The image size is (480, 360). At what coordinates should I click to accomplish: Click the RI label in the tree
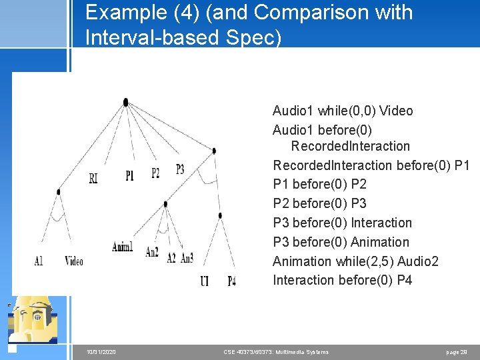pos(93,178)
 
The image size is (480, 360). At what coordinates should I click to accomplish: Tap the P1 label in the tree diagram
pos(129,175)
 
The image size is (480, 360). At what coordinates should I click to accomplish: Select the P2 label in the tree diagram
pos(155,173)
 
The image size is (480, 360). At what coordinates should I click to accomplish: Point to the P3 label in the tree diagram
pos(180,169)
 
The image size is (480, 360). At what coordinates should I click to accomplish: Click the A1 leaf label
pos(39,261)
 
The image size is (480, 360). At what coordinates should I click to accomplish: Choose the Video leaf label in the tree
pos(74,261)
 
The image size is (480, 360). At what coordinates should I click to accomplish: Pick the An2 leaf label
pos(152,253)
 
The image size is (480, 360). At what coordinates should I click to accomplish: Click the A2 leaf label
pos(171,258)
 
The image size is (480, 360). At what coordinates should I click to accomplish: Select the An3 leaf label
pos(187,258)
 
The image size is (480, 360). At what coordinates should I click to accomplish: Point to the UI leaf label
pos(204,281)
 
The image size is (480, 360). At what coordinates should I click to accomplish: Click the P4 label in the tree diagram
pos(231,281)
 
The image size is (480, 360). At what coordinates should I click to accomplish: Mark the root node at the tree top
pos(125,102)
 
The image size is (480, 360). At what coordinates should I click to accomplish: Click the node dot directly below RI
pos(59,192)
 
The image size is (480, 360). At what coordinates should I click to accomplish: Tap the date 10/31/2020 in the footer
pos(101,351)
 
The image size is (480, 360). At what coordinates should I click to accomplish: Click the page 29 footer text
pos(457,351)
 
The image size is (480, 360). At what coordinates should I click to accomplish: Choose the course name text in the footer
pos(275,351)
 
